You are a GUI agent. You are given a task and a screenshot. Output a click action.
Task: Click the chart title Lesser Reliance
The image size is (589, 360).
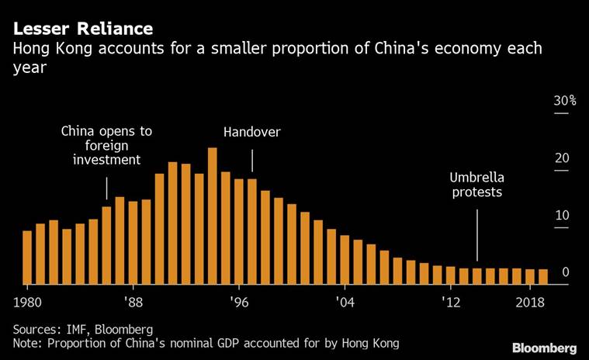(x=81, y=29)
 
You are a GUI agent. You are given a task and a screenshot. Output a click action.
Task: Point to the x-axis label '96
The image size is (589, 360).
(x=239, y=302)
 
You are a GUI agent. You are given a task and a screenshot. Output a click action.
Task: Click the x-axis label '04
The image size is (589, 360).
(x=345, y=302)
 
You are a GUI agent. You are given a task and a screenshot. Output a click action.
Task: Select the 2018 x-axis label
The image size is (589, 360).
(x=529, y=302)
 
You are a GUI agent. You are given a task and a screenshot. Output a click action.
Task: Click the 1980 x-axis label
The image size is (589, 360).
(x=27, y=302)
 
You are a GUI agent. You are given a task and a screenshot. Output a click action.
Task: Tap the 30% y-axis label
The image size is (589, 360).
(x=564, y=101)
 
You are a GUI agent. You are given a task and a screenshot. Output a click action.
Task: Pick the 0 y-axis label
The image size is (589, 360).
(x=566, y=272)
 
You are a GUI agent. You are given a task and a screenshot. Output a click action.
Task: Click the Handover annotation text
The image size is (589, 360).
(x=251, y=133)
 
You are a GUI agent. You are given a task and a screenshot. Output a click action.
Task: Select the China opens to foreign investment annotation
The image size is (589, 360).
(x=106, y=145)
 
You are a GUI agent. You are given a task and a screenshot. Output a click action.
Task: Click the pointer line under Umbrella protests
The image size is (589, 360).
(x=476, y=233)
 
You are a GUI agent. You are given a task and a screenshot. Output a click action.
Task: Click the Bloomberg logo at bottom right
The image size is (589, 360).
(x=544, y=347)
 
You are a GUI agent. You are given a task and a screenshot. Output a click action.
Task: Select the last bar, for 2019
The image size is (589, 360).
(x=542, y=276)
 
